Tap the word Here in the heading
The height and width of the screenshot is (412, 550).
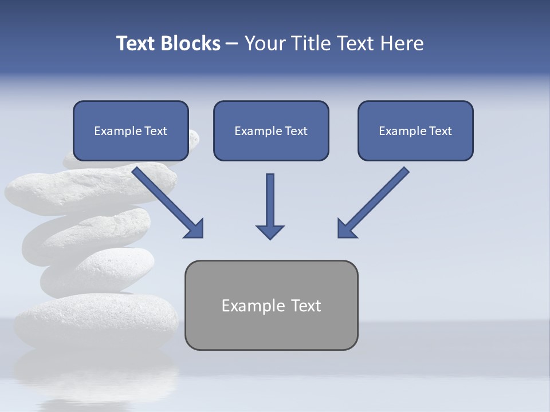tap(402, 43)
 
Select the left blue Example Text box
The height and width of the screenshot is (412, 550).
tap(131, 130)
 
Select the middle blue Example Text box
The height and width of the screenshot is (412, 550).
tap(271, 130)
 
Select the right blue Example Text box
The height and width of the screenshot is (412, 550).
tap(415, 130)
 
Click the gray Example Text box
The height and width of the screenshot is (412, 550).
tap(271, 305)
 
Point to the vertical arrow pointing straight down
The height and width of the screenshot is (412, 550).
tap(270, 200)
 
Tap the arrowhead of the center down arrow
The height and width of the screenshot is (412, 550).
tap(270, 232)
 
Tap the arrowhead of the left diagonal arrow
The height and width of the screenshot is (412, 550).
tap(195, 229)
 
